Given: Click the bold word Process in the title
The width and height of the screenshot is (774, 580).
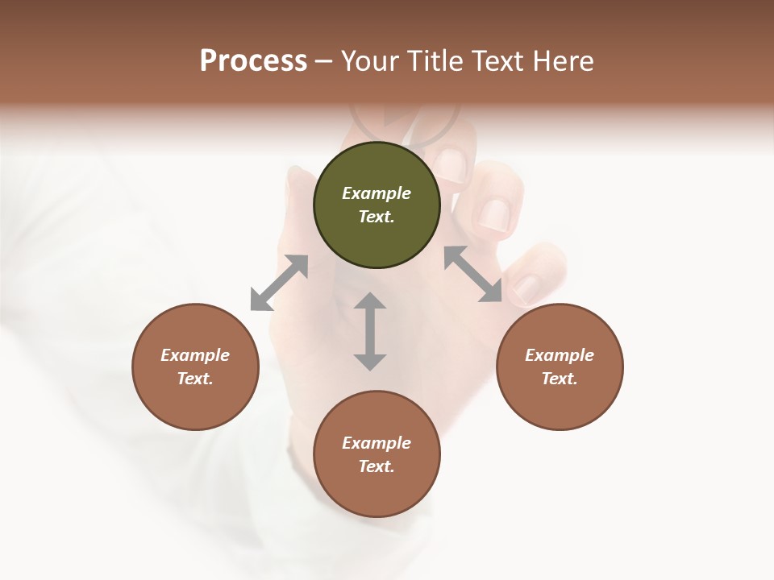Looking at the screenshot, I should [253, 61].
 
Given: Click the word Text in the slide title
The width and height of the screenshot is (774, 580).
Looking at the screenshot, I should [497, 61].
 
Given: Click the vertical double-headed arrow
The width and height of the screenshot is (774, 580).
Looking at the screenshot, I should [370, 331].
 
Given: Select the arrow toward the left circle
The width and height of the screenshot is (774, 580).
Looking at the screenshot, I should [279, 283].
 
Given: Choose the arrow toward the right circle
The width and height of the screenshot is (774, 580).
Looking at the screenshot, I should [473, 274].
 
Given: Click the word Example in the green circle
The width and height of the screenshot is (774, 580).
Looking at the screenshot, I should [377, 193].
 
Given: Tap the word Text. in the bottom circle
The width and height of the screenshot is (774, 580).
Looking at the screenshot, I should [377, 466].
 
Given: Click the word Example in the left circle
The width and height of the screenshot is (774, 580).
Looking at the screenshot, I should [195, 355].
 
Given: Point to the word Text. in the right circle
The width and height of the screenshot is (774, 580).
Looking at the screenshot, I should [560, 379].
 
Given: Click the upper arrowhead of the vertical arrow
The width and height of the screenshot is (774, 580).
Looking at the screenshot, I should [370, 301].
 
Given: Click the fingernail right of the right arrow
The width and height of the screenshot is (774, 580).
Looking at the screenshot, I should [527, 288].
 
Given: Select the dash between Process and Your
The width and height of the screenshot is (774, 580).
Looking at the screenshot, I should [323, 62].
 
